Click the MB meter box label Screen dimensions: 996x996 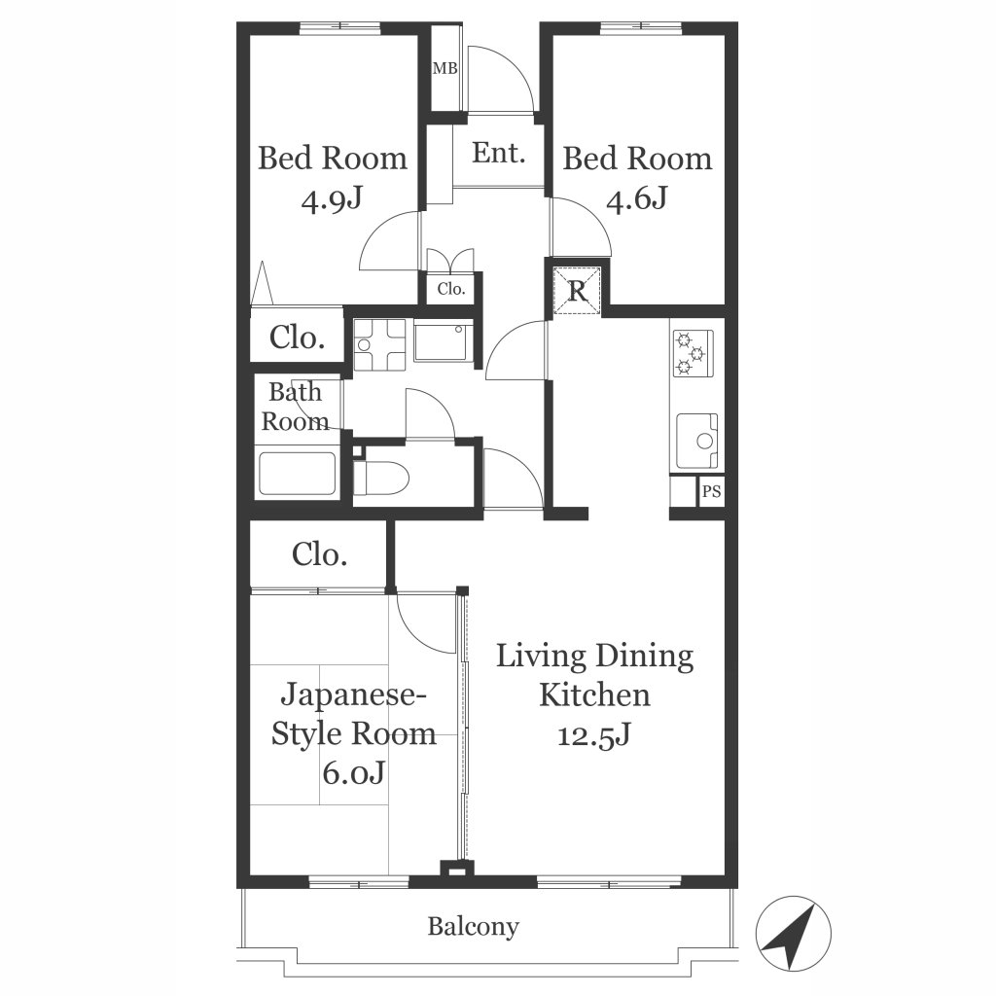coord(445,68)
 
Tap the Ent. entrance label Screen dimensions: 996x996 coord(499,153)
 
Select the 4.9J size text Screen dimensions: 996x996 coord(332,200)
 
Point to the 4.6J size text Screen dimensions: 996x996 coord(636,200)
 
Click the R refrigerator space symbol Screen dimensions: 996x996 coord(577,291)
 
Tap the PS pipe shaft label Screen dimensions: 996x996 coord(711,491)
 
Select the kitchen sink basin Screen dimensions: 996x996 coord(696,441)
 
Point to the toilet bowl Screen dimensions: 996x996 coord(380,478)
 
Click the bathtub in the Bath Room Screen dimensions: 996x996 coord(297,474)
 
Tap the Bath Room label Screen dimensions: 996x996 coord(295,407)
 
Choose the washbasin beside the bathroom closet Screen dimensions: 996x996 coord(379,345)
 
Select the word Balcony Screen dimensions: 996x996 coord(473,927)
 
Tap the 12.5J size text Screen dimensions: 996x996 coord(594,735)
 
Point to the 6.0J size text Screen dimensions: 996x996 coord(353,773)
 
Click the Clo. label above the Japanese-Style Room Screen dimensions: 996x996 coord(319,554)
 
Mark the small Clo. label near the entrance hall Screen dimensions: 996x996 coord(451,289)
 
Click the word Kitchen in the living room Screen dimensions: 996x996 coord(594,694)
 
